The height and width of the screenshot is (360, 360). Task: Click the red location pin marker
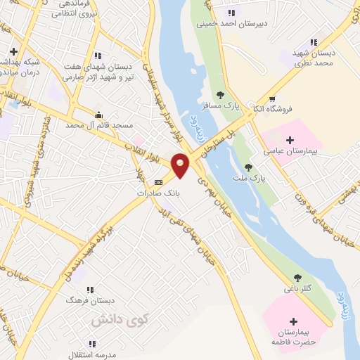pyautogui.click(x=181, y=164)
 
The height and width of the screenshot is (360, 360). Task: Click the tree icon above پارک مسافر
pyautogui.click(x=220, y=94)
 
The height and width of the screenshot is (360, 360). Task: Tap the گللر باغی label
pyautogui.click(x=298, y=288)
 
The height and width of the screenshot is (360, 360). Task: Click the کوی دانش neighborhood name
pyautogui.click(x=112, y=320)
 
